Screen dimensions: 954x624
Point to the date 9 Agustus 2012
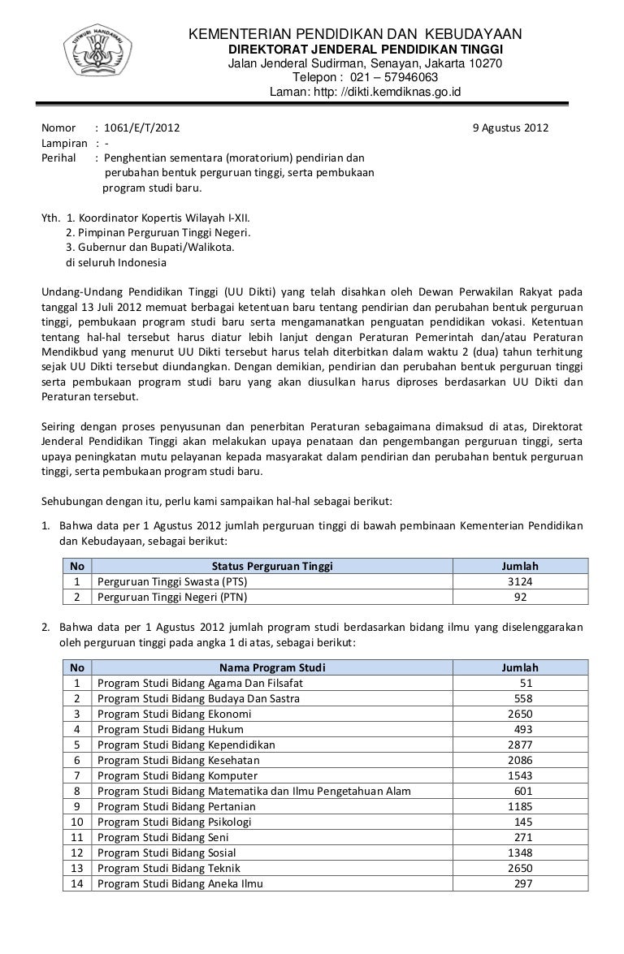(510, 128)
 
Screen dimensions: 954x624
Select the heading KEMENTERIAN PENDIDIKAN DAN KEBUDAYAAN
(355, 34)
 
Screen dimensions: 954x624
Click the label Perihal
(58, 158)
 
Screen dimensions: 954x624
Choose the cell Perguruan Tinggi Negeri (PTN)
(172, 597)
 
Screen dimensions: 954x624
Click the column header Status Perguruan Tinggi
(272, 566)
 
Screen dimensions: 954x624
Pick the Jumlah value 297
(523, 884)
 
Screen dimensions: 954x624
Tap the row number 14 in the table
(77, 884)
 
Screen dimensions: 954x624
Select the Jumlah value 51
(526, 683)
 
